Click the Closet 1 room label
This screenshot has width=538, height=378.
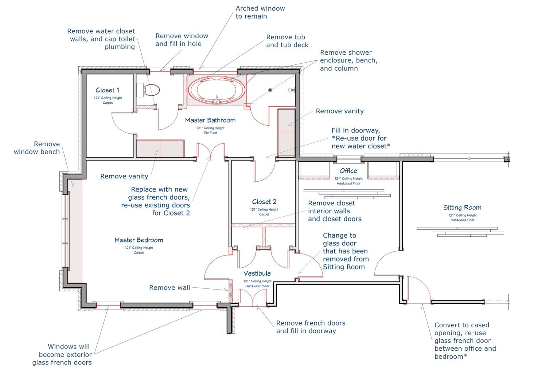(107, 90)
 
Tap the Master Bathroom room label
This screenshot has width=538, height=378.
(210, 120)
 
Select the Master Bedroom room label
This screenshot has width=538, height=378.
(139, 240)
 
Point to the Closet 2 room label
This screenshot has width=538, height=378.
(264, 202)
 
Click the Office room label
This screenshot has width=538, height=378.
(348, 171)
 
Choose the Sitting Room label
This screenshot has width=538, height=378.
(462, 208)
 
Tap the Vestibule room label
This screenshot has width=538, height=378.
(257, 273)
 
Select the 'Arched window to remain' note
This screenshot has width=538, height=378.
(260, 12)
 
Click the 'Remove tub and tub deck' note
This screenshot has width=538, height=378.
(287, 41)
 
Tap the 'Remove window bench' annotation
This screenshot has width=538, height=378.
(37, 148)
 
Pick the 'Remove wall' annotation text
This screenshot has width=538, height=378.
(169, 288)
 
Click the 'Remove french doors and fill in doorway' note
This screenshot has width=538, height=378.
(310, 327)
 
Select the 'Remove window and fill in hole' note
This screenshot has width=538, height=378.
(182, 40)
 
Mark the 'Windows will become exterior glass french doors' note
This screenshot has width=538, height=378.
(62, 354)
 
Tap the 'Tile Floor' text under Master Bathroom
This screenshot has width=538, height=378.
(210, 133)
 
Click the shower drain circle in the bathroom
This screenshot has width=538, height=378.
(270, 90)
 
